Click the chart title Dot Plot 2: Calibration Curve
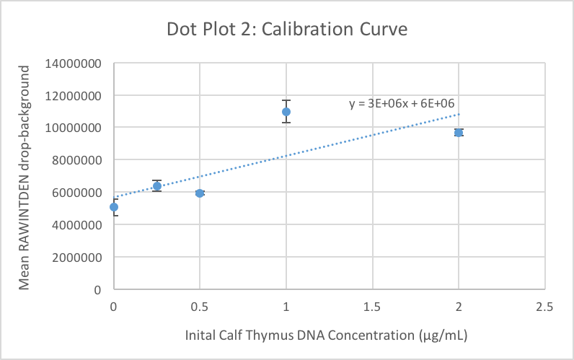point(287,30)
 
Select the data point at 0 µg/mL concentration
point(113,207)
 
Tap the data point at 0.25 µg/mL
point(156,186)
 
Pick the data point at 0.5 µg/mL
point(200,193)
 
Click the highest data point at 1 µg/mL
point(286,112)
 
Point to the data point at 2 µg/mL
point(459,133)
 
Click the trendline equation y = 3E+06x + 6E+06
point(401,103)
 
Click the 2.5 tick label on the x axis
point(545,307)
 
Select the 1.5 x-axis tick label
point(372,307)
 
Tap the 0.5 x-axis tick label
point(200,307)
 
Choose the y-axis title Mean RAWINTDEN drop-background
point(25,177)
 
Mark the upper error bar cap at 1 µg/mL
point(286,100)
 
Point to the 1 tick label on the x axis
point(286,307)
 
